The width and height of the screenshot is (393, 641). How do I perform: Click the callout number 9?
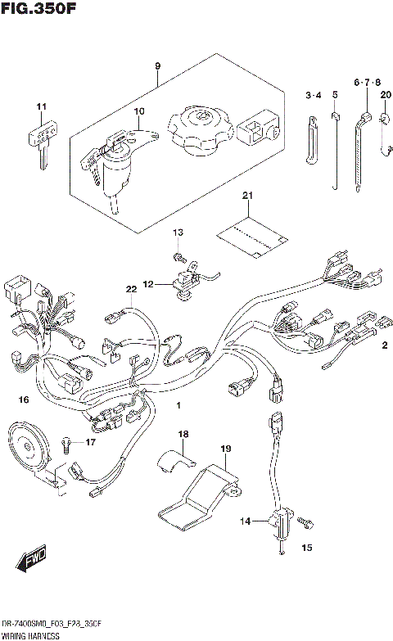pos(157,66)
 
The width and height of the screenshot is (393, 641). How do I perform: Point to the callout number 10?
pos(138,111)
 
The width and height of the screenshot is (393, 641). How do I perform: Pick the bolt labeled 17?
pos(65,444)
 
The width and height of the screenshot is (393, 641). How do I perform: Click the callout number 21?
pos(247,195)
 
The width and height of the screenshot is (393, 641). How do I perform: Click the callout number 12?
pos(148,285)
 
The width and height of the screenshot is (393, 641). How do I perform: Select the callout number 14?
pos(243,521)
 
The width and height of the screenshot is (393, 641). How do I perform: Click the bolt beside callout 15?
pos(305,519)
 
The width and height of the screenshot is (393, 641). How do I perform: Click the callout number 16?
pos(24,399)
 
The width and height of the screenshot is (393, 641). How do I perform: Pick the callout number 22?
pos(130,289)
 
